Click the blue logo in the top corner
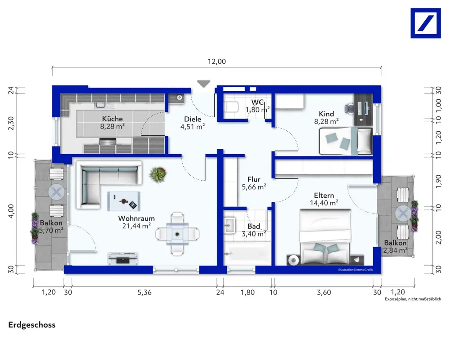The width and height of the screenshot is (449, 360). [426, 23]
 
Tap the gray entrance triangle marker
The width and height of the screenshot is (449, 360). [203, 84]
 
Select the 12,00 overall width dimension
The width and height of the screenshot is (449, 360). [217, 61]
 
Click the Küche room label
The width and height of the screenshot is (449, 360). [112, 119]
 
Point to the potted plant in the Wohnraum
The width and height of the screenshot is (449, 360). [158, 175]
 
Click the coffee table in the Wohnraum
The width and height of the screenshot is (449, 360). [124, 201]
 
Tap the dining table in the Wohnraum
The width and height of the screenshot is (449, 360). [177, 234]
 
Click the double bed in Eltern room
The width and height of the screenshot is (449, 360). [325, 237]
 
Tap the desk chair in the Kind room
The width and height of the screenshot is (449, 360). [349, 109]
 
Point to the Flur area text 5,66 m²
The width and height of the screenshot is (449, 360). [254, 187]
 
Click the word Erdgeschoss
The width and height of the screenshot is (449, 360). [32, 325]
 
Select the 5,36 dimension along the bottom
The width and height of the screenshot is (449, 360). [145, 292]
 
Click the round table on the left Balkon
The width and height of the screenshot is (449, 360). [57, 192]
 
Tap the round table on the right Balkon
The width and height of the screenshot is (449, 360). [403, 213]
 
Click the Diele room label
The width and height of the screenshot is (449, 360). [193, 119]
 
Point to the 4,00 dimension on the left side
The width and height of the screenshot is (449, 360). [11, 211]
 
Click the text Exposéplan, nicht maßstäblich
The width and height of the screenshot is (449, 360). [413, 299]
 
